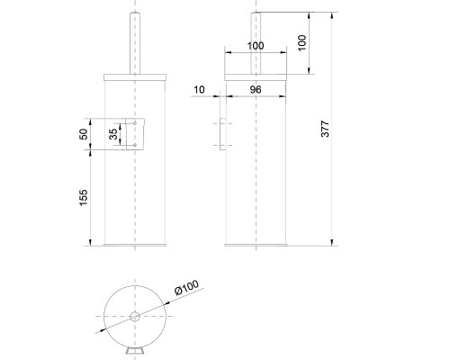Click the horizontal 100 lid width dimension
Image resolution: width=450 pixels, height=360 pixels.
coord(255,44)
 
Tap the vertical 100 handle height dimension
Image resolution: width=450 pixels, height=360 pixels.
coord(301,43)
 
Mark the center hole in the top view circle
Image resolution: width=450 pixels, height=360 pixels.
coord(134,316)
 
